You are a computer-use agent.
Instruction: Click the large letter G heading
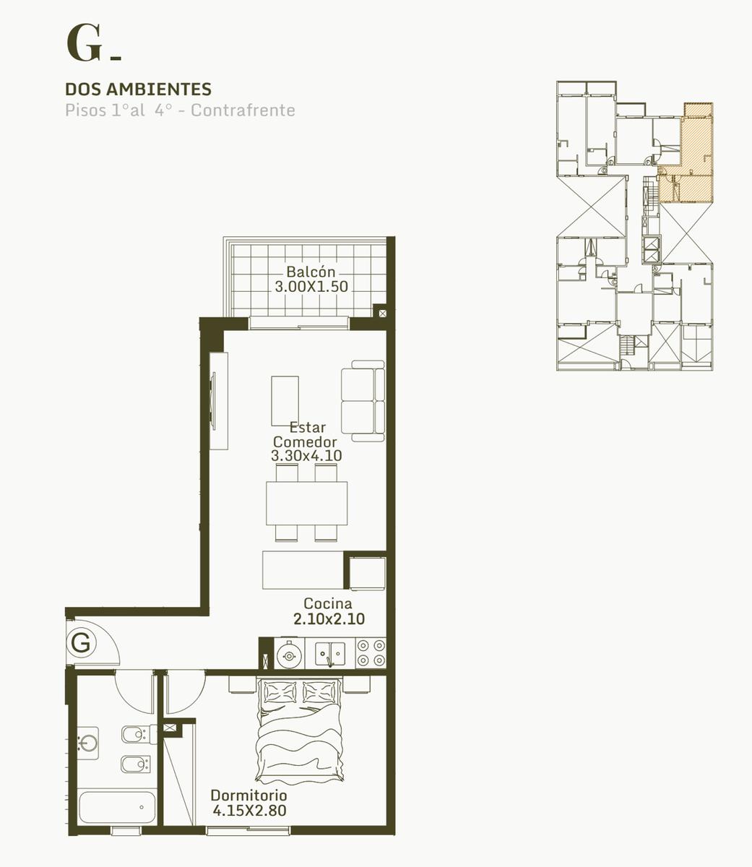tap(84, 43)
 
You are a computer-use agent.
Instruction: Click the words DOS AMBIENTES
tap(138, 89)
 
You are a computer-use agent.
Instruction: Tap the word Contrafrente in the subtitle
tap(243, 110)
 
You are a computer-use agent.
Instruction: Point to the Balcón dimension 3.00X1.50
tap(311, 286)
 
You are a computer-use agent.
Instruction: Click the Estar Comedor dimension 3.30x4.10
tap(306, 455)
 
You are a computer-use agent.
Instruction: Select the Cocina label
tap(327, 603)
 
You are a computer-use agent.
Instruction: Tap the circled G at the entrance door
tap(82, 643)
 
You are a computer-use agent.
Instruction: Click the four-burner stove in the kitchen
tap(371, 652)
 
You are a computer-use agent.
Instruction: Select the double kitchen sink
tap(329, 654)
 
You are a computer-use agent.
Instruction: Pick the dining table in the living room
tap(307, 504)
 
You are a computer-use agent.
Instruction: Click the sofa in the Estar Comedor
tap(363, 401)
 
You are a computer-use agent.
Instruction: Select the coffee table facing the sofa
tap(285, 400)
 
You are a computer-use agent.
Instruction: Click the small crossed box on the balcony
tap(383, 314)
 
